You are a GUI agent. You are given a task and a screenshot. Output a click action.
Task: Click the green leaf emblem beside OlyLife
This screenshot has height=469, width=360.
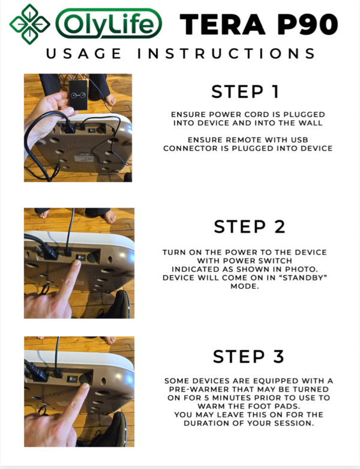29,23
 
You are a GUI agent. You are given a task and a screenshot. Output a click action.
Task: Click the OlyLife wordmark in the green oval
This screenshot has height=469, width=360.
109,25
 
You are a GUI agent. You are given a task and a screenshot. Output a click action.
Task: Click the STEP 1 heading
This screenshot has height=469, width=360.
245,92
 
